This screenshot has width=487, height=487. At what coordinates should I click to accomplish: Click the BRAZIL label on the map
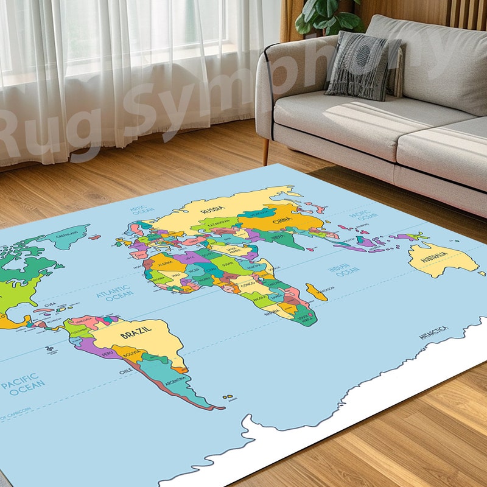(x=135, y=334)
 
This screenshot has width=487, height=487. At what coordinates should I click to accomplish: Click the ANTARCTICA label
(x=433, y=332)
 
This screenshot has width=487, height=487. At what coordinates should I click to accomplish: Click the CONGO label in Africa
(x=247, y=284)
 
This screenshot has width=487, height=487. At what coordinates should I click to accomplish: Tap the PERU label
(x=107, y=353)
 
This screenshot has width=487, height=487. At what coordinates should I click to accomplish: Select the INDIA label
(x=278, y=237)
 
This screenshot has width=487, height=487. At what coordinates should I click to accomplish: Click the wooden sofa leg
(x=266, y=150)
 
